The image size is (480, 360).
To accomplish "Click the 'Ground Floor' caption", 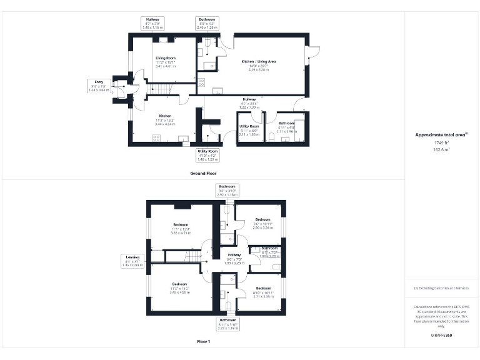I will pos(203,172).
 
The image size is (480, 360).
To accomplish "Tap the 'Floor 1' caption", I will pos(203,342).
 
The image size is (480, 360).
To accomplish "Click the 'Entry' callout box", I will pos(99,86).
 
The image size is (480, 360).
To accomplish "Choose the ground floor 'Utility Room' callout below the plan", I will pos(208,153).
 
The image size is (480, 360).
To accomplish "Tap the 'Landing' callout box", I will pos(132,260).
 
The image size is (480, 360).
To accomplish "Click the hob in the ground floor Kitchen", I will pos(156,137).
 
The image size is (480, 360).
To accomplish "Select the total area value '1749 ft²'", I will pos(442,143).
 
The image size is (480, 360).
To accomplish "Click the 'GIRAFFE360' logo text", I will pos(442,336).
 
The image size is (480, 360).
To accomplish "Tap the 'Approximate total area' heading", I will pos(442,134).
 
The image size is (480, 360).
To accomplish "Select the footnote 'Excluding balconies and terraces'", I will pos(442,288).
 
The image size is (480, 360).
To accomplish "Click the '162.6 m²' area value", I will pos(442,151).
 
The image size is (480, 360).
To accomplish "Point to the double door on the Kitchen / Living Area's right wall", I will pos(309,57).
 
